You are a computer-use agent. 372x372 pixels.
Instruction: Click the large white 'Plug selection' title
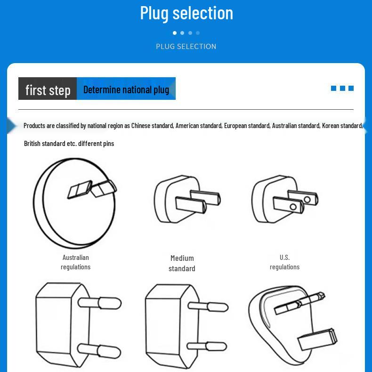(x=186, y=13)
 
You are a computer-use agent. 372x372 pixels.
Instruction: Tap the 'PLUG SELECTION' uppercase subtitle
(x=186, y=47)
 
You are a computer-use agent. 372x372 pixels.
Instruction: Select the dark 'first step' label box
(x=48, y=89)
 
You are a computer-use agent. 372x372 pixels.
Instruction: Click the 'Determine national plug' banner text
(x=126, y=89)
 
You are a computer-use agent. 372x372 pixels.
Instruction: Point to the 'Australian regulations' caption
(x=76, y=262)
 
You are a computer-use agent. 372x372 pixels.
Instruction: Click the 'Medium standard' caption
(x=182, y=263)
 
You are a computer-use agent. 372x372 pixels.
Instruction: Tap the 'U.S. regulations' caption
(x=285, y=262)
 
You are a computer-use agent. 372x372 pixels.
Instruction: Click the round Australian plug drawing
(x=75, y=203)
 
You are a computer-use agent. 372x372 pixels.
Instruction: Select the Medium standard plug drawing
(x=187, y=199)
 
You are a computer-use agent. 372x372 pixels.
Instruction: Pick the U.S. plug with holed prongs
(x=285, y=199)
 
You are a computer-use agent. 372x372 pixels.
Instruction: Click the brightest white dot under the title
(x=175, y=33)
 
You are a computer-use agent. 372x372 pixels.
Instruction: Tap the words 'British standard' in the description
(x=45, y=144)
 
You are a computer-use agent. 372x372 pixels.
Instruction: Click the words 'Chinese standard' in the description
(x=152, y=126)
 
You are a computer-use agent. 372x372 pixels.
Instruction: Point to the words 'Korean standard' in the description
(x=342, y=126)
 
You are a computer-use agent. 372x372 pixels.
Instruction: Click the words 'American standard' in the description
(x=199, y=126)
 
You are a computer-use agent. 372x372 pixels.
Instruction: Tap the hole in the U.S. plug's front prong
(x=293, y=207)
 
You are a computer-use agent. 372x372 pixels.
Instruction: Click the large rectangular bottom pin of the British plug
(x=317, y=339)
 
